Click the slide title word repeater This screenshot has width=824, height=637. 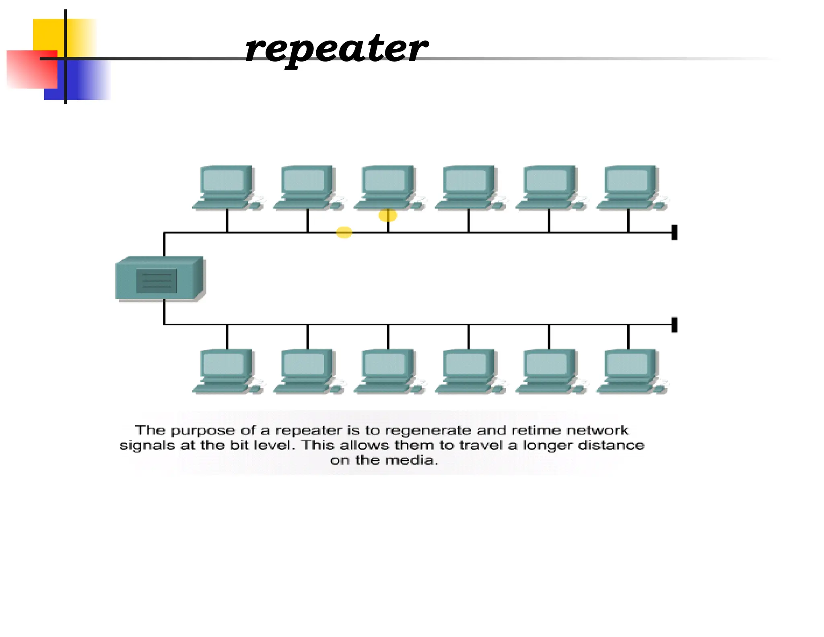[336, 49]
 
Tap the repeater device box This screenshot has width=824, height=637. [160, 279]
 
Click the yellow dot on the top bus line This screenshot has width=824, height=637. [344, 232]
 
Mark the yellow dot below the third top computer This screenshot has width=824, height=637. [387, 215]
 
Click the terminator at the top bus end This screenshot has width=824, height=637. [674, 232]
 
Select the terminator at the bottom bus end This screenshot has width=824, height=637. [674, 325]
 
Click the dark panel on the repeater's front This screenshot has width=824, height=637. [157, 281]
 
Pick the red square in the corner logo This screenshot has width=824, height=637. [31, 69]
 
